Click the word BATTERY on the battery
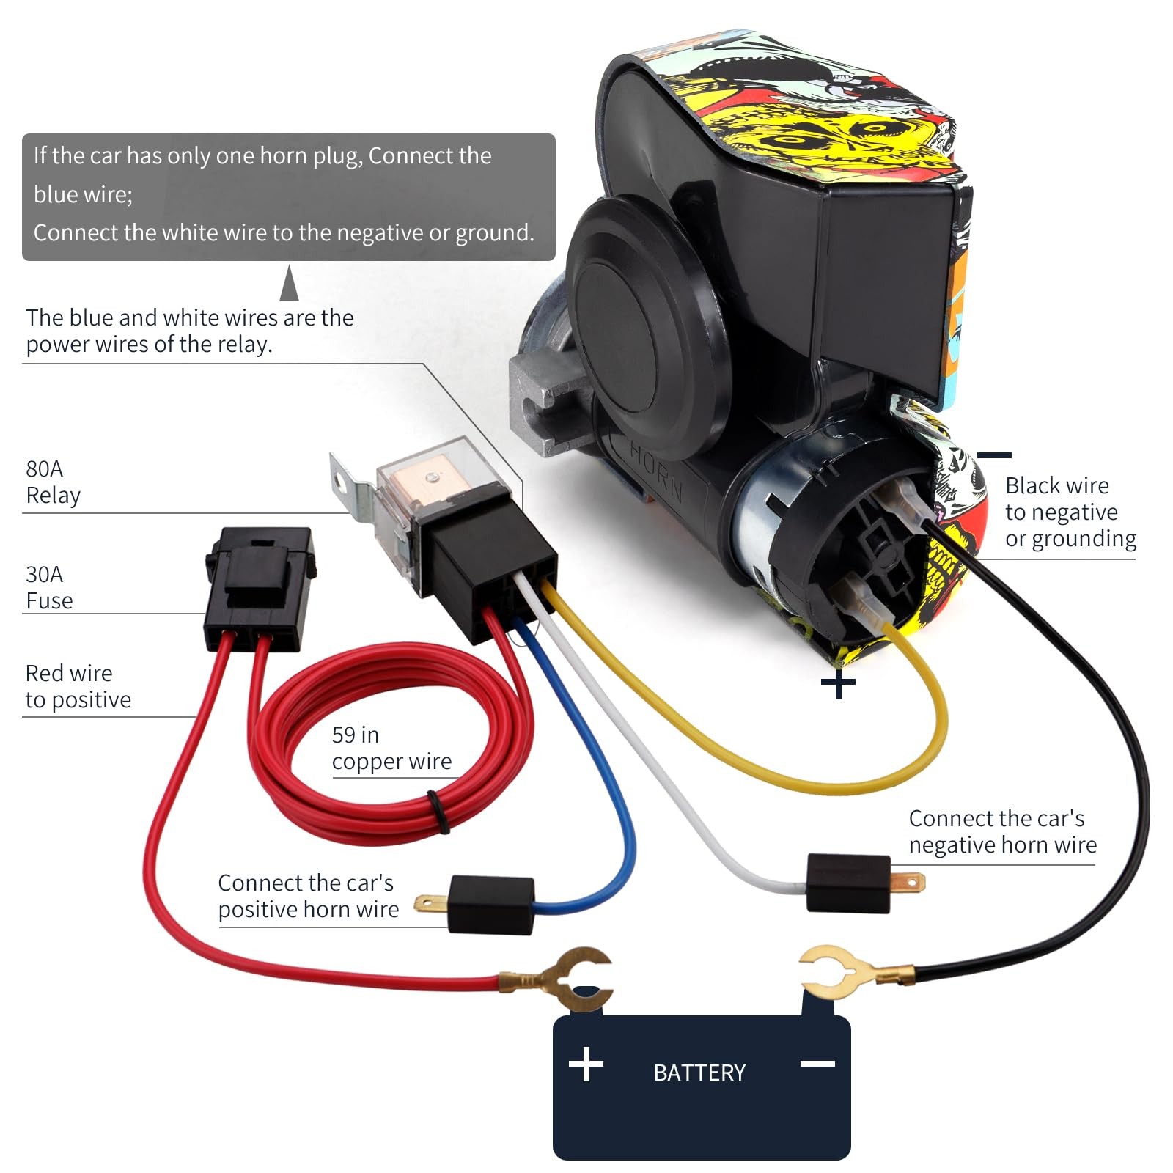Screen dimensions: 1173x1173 tap(699, 1073)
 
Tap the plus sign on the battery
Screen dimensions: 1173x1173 tap(586, 1064)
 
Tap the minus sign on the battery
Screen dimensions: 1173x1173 tap(817, 1064)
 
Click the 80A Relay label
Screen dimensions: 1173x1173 tap(53, 482)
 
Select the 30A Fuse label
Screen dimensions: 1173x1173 tap(49, 587)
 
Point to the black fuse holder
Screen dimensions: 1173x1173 tap(260, 586)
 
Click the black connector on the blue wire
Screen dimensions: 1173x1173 tap(490, 905)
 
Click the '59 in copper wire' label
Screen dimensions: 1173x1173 tap(391, 749)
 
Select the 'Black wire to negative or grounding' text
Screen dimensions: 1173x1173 tap(1070, 512)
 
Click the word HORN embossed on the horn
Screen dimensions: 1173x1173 tap(656, 470)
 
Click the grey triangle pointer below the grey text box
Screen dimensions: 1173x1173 tap(290, 283)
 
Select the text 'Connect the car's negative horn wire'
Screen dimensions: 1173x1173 tap(1002, 831)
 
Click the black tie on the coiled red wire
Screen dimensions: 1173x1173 tap(438, 811)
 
